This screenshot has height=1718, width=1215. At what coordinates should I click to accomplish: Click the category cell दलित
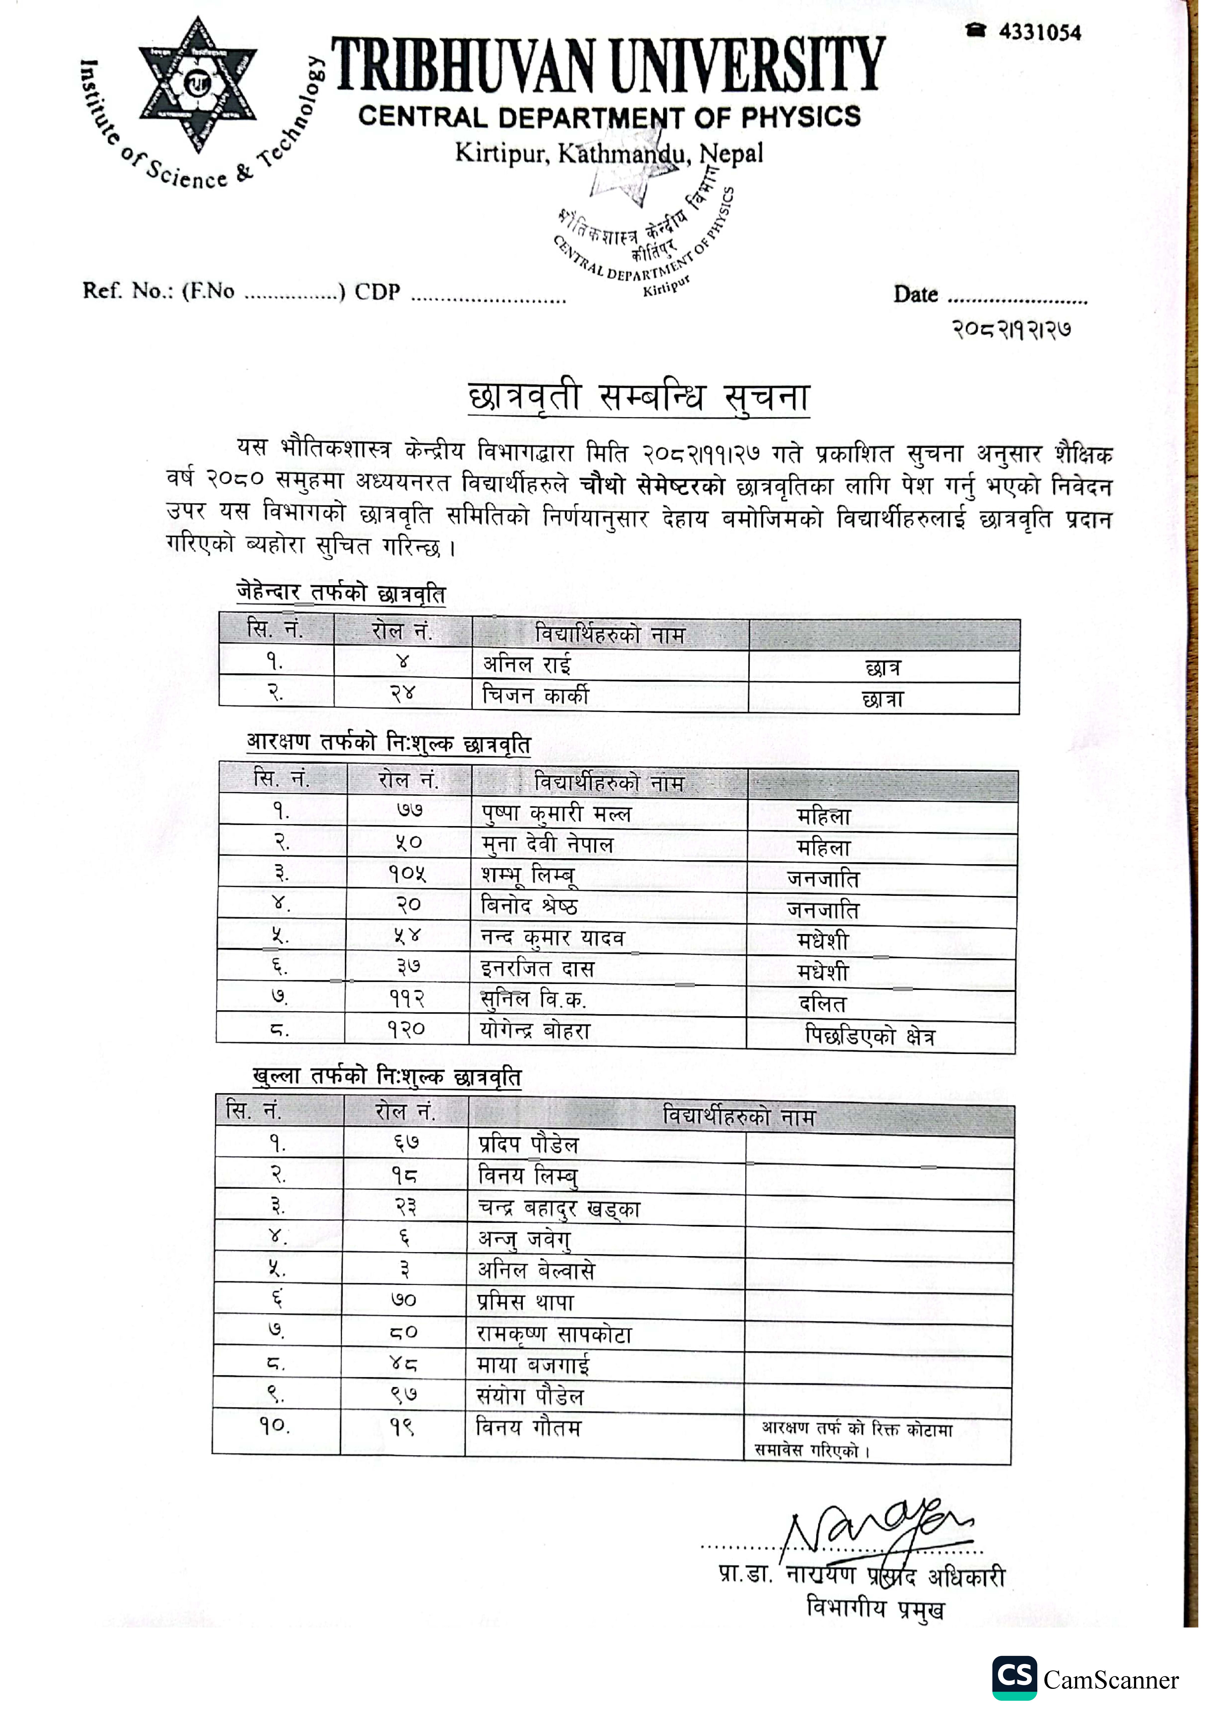(822, 1003)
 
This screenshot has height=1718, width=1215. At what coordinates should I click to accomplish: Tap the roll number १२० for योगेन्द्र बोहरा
(406, 1030)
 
